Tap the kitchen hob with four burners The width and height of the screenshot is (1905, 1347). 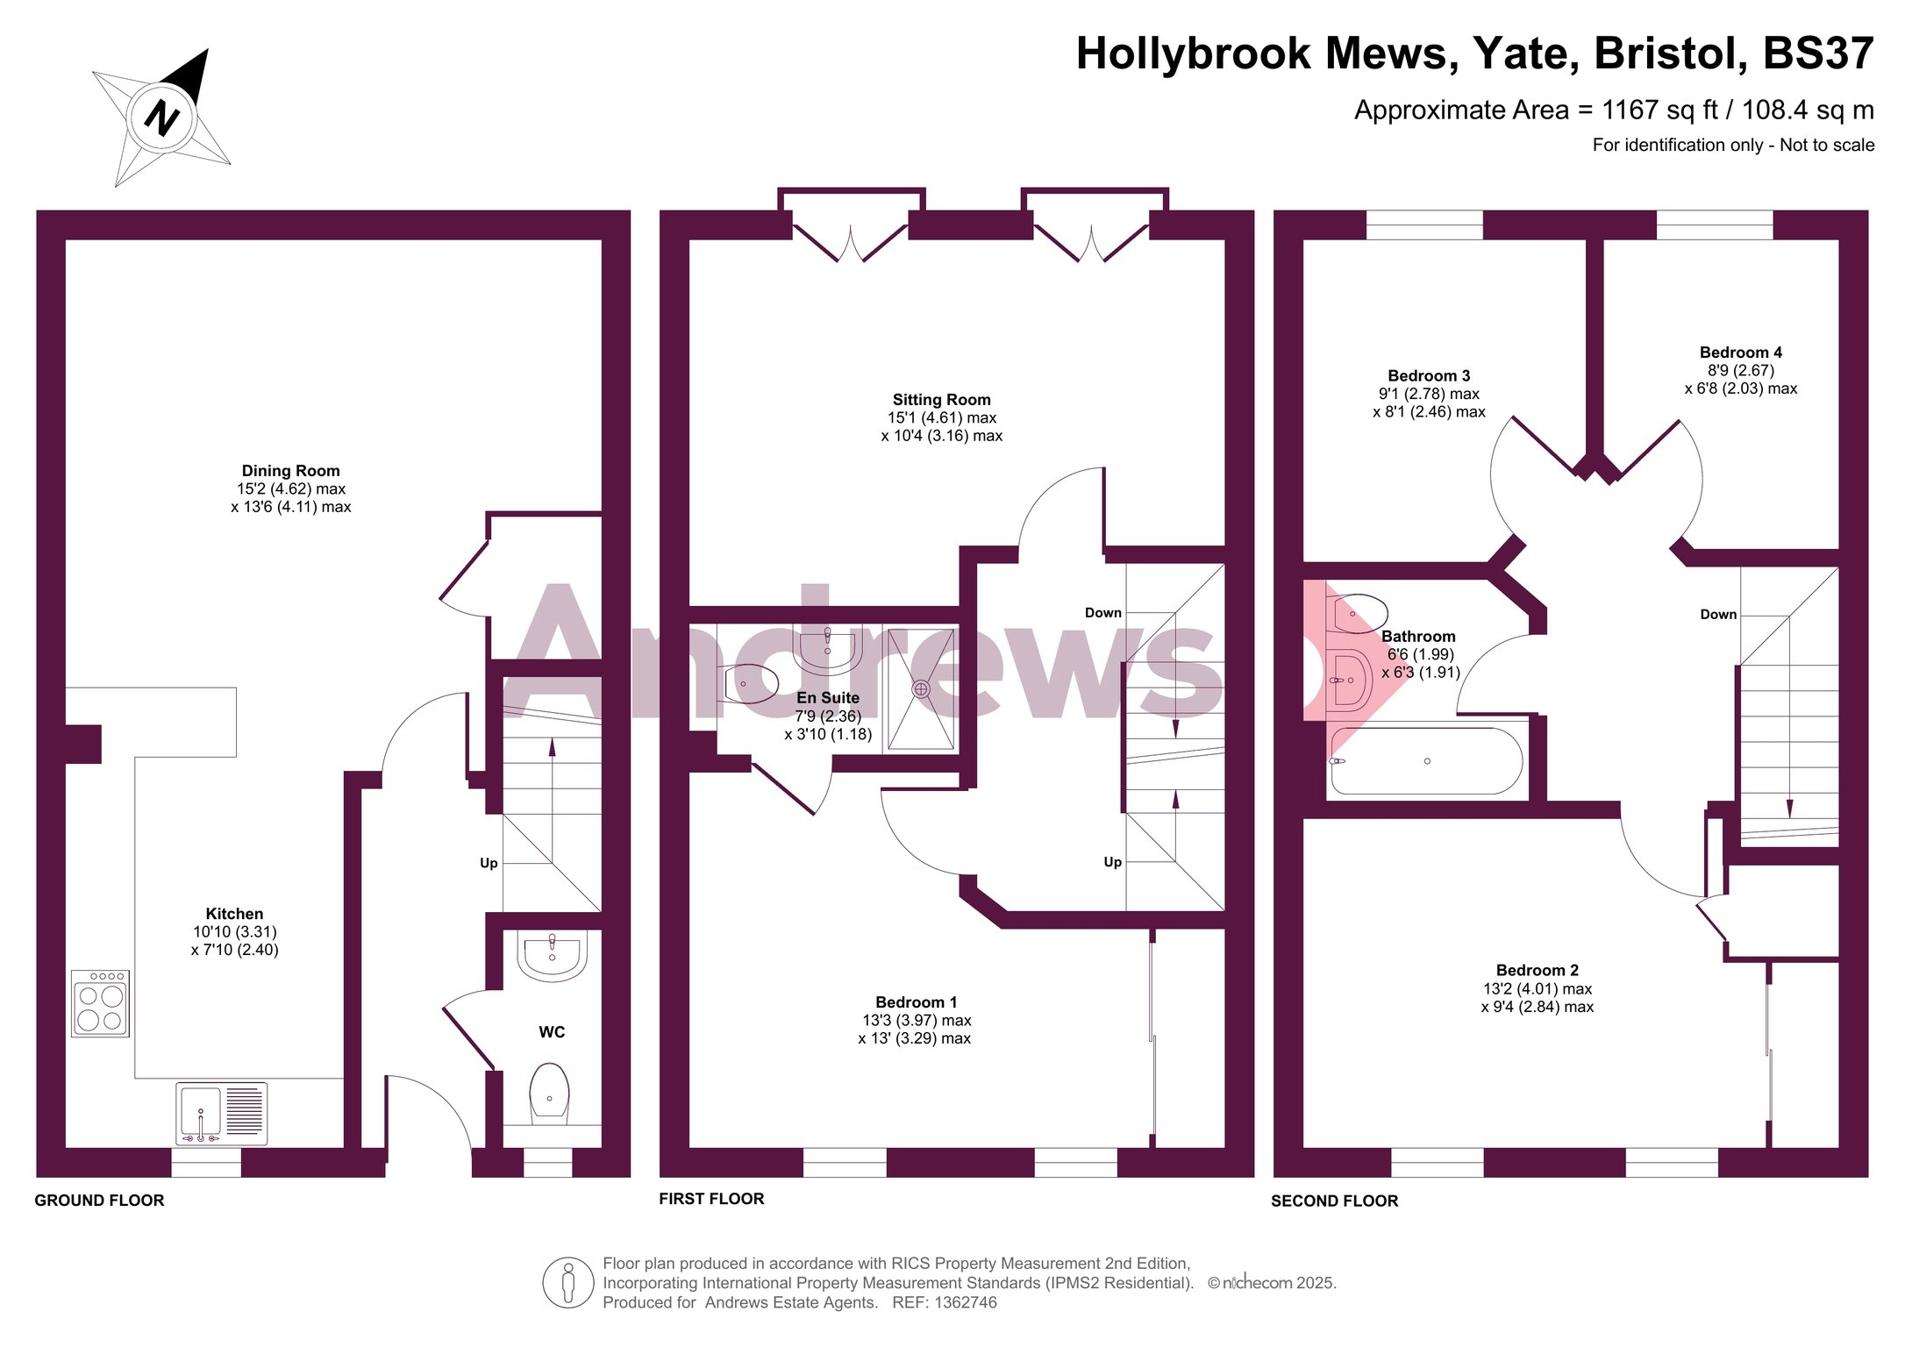pos(100,1003)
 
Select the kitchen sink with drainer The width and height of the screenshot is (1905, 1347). pos(221,1114)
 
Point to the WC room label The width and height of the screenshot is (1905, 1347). pos(552,1032)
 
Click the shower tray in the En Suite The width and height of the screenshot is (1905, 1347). pos(921,689)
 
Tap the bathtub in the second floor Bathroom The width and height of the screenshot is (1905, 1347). pos(1427,761)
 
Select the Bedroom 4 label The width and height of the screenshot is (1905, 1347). pos(1741,353)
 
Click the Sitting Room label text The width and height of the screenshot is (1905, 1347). pos(942,400)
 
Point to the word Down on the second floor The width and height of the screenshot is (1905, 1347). pos(1718,615)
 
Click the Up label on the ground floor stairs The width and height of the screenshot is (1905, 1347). pos(489,863)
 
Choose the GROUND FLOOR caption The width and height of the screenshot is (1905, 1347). pos(99,1201)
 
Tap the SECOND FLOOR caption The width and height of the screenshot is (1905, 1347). pos(1334,1201)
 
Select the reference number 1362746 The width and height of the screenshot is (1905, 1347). pos(966,1303)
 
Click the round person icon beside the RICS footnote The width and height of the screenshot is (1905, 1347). pos(568,1282)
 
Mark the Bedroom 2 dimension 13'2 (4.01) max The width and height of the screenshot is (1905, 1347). pos(1538,989)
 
